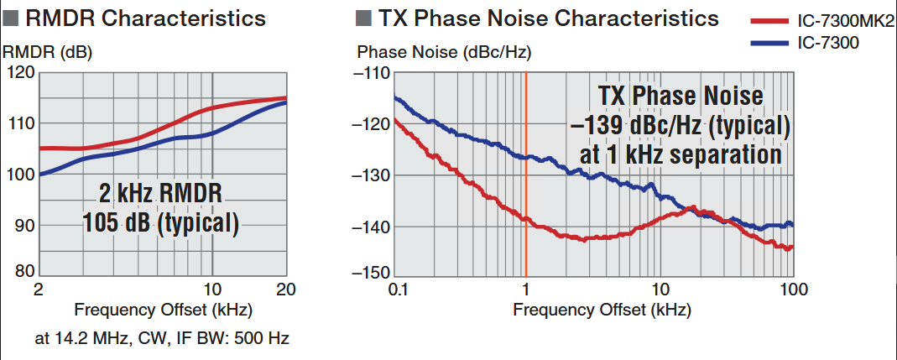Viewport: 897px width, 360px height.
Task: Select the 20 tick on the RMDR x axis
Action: pyautogui.click(x=286, y=290)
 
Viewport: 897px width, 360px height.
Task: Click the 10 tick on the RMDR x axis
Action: pyautogui.click(x=212, y=290)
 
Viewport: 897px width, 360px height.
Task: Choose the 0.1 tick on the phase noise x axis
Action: pyautogui.click(x=398, y=290)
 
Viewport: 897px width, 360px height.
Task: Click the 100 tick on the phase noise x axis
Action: pyautogui.click(x=793, y=290)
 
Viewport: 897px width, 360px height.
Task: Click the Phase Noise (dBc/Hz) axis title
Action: pyautogui.click(x=445, y=52)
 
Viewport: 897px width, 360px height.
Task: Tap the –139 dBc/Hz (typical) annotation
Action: pyautogui.click(x=680, y=126)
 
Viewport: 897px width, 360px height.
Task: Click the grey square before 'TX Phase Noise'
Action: pyautogui.click(x=363, y=18)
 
